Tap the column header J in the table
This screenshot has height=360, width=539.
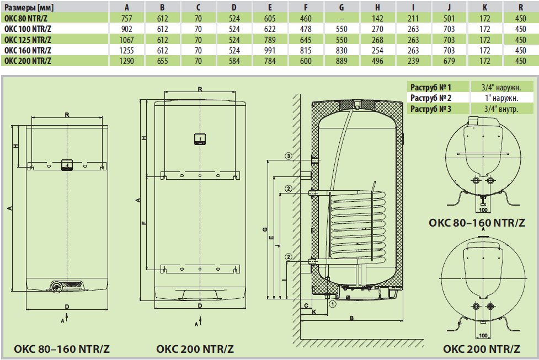449,7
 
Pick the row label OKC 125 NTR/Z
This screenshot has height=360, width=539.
28,40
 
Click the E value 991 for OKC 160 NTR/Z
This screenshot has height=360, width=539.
270,50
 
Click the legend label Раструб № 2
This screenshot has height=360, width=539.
431,98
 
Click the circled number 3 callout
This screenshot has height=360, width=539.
289,157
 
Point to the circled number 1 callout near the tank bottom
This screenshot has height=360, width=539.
332,303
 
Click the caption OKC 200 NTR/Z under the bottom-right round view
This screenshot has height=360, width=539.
482,349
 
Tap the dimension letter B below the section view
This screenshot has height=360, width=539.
351,319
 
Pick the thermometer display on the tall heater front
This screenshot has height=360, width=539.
200,138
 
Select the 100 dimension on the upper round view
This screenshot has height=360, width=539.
483,210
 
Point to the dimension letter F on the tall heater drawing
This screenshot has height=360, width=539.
144,223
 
